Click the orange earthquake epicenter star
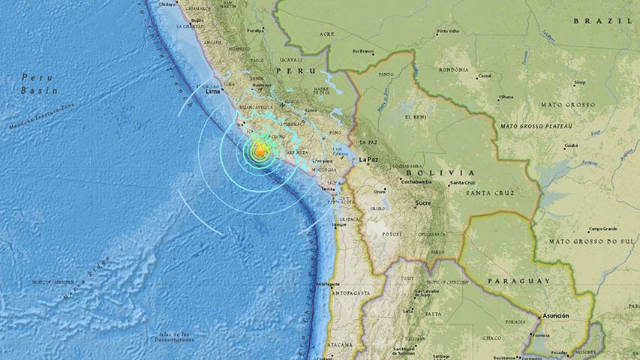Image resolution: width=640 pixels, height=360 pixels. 260,152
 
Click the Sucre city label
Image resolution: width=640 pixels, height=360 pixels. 428,202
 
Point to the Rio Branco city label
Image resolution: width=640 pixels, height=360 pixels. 363,52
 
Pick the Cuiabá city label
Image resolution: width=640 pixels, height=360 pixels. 571,145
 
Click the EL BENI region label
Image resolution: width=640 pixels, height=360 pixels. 416,117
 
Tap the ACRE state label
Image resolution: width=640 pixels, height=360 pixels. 326,34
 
